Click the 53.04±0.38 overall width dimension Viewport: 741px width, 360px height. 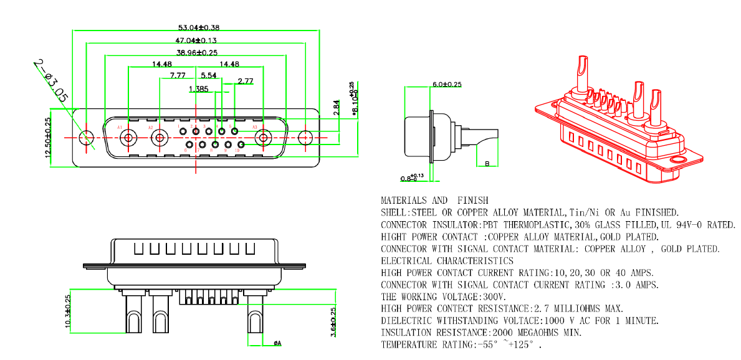pyautogui.click(x=199, y=27)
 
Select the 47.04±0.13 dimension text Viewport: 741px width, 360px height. pyautogui.click(x=195, y=40)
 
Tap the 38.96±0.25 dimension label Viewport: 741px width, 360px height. pyautogui.click(x=197, y=53)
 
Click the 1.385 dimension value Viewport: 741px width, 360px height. pyautogui.click(x=198, y=89)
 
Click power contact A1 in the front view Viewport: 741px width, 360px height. pyautogui.click(x=130, y=138)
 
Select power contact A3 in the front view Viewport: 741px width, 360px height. pyautogui.click(x=264, y=138)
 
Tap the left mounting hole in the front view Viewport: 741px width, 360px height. pyautogui.click(x=87, y=138)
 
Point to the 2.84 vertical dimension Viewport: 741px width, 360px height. pyautogui.click(x=337, y=108)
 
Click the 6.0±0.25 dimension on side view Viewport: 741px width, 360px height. pyautogui.click(x=447, y=84)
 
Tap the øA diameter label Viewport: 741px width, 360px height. pyautogui.click(x=277, y=343)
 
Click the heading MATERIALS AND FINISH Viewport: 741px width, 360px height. pyautogui.click(x=434, y=201)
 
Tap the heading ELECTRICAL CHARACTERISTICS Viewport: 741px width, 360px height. pyautogui.click(x=447, y=261)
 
